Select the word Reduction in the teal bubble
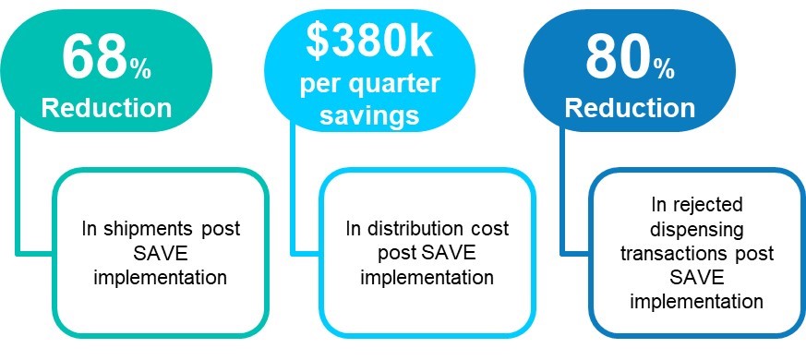[106, 109]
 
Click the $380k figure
[369, 42]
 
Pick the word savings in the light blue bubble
[369, 114]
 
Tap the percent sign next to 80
[664, 69]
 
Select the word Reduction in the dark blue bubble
[630, 109]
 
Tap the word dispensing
[696, 230]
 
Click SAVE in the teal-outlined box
[161, 254]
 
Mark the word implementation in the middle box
[427, 278]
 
